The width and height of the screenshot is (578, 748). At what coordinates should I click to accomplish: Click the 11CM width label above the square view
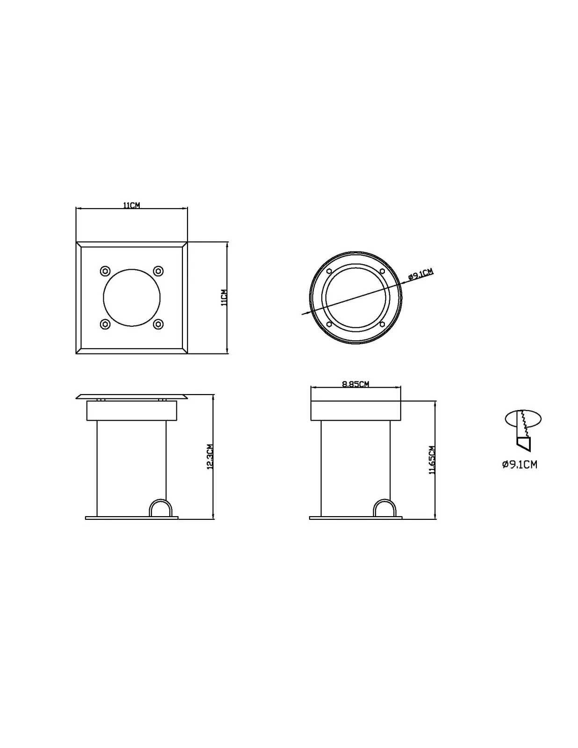click(131, 205)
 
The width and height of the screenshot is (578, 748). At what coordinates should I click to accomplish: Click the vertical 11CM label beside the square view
click(224, 297)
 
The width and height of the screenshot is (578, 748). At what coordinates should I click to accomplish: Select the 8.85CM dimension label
click(355, 384)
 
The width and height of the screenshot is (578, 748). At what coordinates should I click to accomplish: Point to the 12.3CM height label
click(210, 456)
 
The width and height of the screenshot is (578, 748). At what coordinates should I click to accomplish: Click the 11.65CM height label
click(432, 460)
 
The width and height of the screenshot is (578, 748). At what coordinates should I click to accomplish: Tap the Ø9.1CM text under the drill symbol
click(520, 465)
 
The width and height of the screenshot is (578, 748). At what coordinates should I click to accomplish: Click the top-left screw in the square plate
click(105, 271)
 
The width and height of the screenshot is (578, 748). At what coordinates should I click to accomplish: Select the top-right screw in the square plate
click(158, 271)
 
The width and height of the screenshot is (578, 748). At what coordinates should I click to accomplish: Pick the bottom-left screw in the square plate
click(105, 324)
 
